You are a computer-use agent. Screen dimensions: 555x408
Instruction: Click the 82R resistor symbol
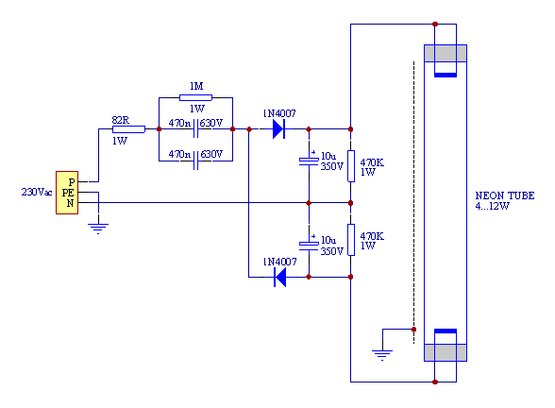pyautogui.click(x=128, y=129)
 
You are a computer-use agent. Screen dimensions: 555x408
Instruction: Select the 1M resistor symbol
pyautogui.click(x=195, y=98)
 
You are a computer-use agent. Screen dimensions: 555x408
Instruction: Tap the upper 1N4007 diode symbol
pyautogui.click(x=279, y=129)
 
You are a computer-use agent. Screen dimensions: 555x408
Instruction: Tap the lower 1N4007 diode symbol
pyautogui.click(x=280, y=277)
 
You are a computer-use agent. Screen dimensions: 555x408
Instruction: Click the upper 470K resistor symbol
pyautogui.click(x=351, y=166)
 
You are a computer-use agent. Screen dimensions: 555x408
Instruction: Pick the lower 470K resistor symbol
pyautogui.click(x=351, y=240)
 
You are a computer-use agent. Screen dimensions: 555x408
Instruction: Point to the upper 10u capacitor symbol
pyautogui.click(x=309, y=161)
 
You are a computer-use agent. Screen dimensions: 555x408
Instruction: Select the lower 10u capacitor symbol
pyautogui.click(x=309, y=246)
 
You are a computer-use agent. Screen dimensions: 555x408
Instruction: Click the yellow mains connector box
pyautogui.click(x=67, y=193)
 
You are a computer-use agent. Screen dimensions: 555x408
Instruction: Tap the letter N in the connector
pyautogui.click(x=70, y=203)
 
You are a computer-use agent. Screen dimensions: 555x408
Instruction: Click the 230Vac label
pyautogui.click(x=37, y=192)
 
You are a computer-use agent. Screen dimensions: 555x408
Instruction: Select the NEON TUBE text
pyautogui.click(x=505, y=195)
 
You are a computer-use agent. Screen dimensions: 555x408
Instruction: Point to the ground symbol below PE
pyautogui.click(x=98, y=229)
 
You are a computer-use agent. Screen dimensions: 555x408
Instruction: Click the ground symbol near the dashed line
pyautogui.click(x=382, y=355)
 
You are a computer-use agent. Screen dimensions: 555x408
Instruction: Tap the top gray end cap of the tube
pyautogui.click(x=446, y=54)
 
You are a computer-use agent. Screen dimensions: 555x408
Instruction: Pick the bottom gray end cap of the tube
pyautogui.click(x=446, y=353)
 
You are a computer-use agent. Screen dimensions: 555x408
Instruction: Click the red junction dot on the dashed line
pyautogui.click(x=413, y=330)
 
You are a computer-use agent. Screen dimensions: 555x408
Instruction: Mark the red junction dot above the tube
pyautogui.click(x=435, y=25)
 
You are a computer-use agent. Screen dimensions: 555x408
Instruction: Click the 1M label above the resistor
pyautogui.click(x=196, y=86)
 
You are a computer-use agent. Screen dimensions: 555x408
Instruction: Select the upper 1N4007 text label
pyautogui.click(x=279, y=113)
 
